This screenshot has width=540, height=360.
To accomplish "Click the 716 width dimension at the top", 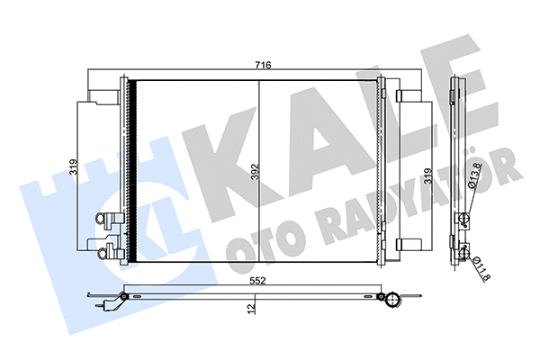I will [x=262, y=66].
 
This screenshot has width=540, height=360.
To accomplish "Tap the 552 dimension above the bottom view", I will [x=257, y=281].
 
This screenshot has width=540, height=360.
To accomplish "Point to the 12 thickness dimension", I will [x=254, y=309].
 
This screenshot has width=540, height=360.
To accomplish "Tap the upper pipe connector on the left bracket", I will [x=108, y=217].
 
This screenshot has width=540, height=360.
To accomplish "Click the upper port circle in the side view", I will [x=462, y=218].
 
